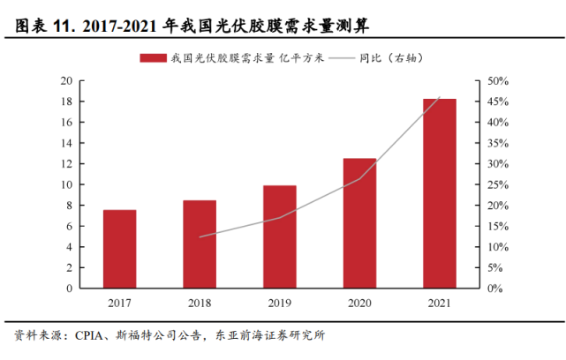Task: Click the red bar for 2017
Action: click(x=119, y=249)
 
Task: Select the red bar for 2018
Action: click(x=200, y=244)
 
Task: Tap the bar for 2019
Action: click(x=279, y=236)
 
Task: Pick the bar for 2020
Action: click(x=359, y=223)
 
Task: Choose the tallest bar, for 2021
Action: click(x=440, y=193)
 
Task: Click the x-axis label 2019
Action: click(x=279, y=304)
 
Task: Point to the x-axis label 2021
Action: click(x=440, y=304)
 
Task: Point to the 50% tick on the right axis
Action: click(x=497, y=81)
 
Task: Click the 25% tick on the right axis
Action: click(x=497, y=184)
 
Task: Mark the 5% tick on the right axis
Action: click(x=494, y=267)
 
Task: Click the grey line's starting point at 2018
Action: click(x=200, y=236)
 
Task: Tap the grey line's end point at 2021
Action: click(x=440, y=97)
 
